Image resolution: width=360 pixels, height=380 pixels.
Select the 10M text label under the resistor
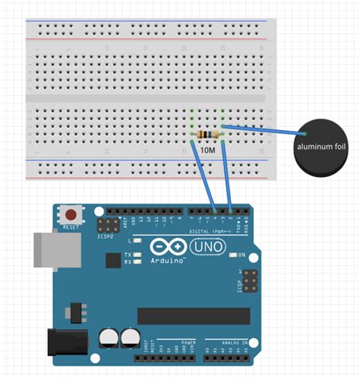coord(207,150)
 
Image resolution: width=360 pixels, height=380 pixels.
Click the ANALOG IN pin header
coord(231,352)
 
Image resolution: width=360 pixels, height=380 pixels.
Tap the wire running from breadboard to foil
coord(258,129)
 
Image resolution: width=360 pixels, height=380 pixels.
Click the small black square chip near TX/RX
coord(113,261)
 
